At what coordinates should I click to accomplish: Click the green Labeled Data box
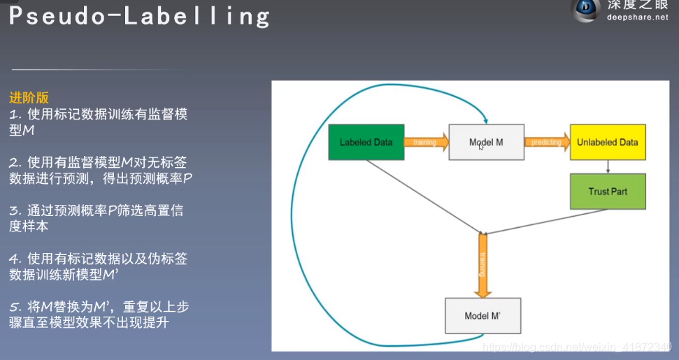(366, 142)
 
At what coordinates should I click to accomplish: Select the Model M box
(486, 142)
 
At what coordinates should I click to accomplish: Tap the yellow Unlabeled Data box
(607, 142)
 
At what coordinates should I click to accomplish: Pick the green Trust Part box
(607, 191)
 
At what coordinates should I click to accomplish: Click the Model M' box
(483, 316)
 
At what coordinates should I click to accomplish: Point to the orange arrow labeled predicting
(546, 142)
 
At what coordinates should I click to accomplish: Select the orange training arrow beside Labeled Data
(426, 142)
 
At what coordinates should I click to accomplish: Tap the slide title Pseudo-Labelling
(139, 16)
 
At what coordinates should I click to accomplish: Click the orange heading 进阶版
(29, 99)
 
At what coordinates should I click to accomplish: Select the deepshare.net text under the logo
(637, 17)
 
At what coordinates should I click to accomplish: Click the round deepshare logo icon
(586, 10)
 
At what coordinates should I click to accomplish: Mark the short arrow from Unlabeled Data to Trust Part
(608, 166)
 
